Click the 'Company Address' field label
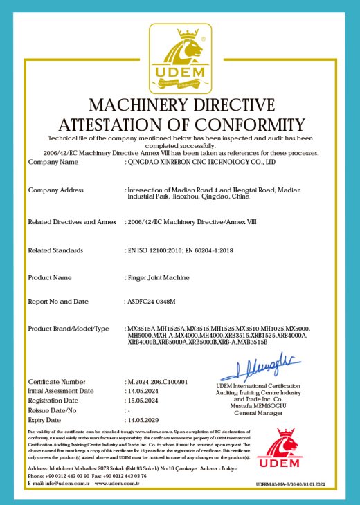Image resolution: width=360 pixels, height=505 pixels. (x=55, y=190)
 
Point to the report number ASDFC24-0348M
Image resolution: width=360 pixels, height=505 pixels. (x=151, y=302)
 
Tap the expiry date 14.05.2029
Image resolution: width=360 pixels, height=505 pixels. (x=144, y=419)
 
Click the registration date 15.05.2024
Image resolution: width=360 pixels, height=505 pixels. (x=144, y=401)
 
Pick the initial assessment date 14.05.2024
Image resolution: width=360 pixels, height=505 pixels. (x=144, y=391)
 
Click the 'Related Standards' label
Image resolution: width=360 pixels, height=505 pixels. (x=55, y=250)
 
